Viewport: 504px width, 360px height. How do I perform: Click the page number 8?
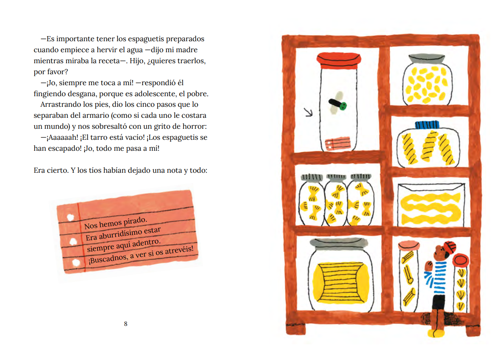coord(126,324)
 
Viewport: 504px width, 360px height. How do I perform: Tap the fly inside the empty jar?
coord(337,103)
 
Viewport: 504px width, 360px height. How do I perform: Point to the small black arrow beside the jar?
coord(308,112)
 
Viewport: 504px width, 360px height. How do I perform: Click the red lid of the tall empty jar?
coord(339,61)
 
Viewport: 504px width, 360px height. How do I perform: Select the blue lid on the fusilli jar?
coord(427,125)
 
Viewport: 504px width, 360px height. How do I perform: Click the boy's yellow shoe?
coord(436,333)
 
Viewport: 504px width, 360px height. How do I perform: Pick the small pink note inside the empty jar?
coord(338,144)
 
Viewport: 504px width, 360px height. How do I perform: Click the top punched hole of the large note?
coord(70,217)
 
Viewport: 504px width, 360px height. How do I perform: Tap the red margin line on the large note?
coord(81,237)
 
